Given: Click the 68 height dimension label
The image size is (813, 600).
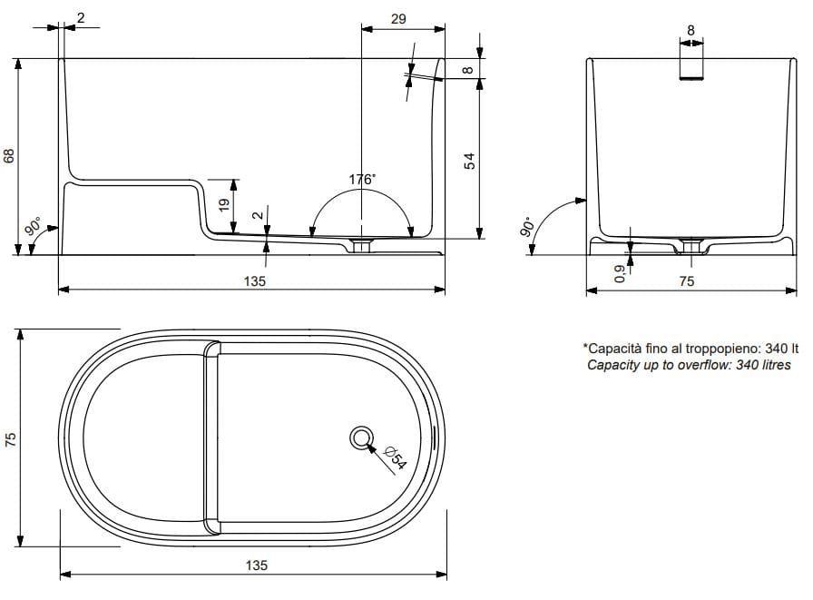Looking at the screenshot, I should click(10, 156).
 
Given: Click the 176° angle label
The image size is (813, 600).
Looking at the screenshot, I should click(361, 180).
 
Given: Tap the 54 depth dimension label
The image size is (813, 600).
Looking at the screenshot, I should click(470, 161).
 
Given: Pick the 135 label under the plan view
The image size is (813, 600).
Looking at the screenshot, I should click(256, 565).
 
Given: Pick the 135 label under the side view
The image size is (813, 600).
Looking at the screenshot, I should click(255, 281).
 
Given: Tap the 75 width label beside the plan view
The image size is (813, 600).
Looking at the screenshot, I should click(10, 439).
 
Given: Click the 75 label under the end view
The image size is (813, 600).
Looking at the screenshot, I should click(686, 281).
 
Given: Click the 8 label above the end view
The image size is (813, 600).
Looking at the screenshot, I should click(691, 30).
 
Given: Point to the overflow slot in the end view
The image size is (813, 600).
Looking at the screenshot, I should click(692, 79).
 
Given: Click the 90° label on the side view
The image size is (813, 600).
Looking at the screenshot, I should click(32, 226).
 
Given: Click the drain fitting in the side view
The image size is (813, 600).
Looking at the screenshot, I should click(363, 246).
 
